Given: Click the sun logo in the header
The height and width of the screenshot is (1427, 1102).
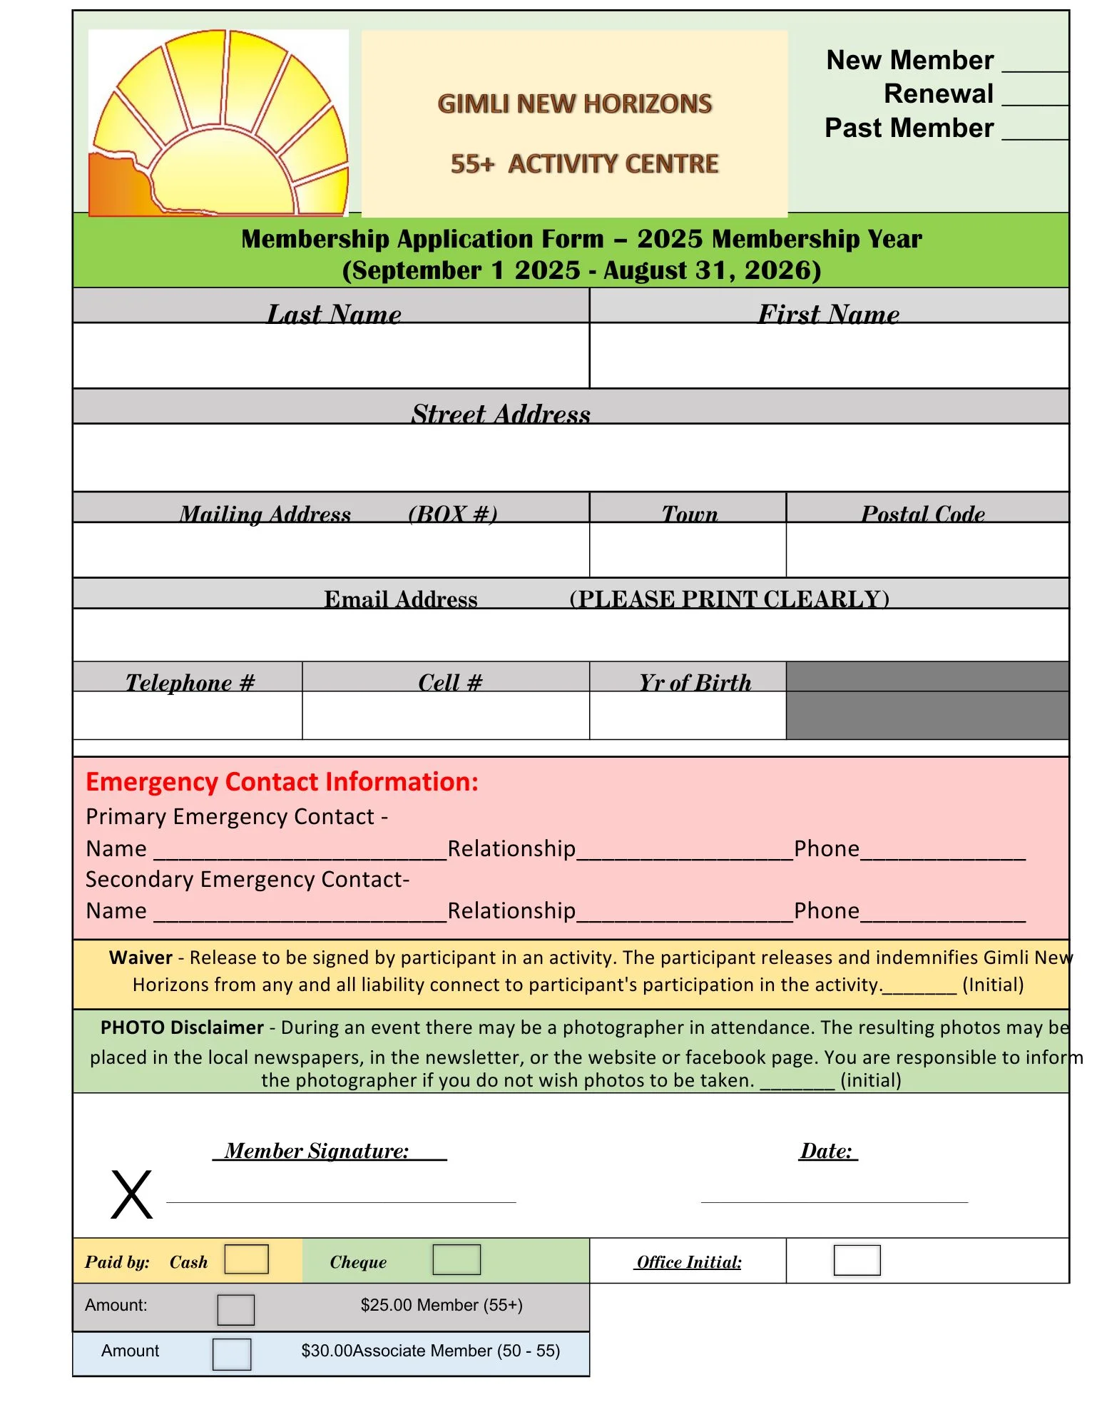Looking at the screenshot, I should point(218,123).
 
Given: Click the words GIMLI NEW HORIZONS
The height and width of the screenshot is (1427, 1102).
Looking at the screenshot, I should point(574,104).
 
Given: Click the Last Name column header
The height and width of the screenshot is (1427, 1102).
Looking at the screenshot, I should point(334,314).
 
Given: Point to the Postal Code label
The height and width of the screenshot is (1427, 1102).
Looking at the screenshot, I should point(923,514).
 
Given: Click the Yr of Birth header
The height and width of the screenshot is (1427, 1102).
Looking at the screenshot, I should point(695,683).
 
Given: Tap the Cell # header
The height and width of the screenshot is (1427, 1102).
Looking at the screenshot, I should point(450,683).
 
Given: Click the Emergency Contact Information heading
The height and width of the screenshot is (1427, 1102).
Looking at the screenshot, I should point(282,782).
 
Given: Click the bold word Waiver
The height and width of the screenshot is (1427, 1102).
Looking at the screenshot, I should point(141,958).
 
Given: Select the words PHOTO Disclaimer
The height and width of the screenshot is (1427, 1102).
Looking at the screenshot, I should point(182,1027).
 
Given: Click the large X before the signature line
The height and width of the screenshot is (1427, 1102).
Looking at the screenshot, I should point(132,1194).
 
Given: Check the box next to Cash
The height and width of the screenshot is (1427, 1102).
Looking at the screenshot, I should point(246,1259).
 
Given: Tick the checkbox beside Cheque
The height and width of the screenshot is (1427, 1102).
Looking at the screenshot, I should point(456,1259).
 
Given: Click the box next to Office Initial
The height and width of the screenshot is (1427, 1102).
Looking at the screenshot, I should point(857,1260).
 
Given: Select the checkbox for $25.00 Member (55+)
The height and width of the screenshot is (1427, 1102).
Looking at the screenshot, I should point(235,1309).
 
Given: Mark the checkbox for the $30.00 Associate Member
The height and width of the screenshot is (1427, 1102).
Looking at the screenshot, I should point(232,1354).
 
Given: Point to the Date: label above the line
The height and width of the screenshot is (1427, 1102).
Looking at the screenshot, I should point(827,1151).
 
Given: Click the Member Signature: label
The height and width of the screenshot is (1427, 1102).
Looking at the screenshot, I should point(317,1151).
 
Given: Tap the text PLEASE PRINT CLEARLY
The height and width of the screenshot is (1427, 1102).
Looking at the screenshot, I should point(729,599).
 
